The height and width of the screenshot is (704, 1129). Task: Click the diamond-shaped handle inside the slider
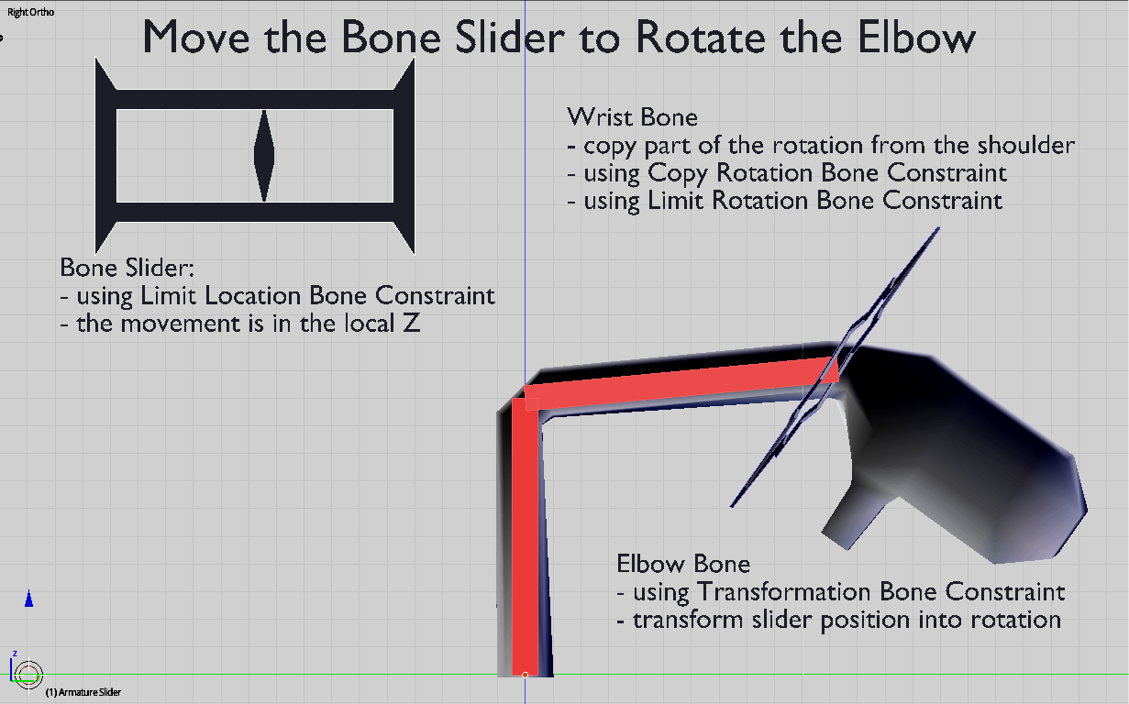click(x=264, y=155)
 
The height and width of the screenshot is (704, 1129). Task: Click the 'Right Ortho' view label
click(x=27, y=13)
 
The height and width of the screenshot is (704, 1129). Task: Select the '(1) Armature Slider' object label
click(x=83, y=692)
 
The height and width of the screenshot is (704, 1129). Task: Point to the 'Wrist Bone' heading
click(x=632, y=117)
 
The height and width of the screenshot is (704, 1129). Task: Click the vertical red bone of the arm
click(x=525, y=541)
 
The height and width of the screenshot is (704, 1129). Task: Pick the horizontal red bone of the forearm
click(x=679, y=381)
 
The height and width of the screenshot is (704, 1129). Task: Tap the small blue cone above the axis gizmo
click(x=28, y=599)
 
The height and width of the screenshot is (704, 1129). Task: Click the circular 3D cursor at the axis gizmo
click(x=28, y=675)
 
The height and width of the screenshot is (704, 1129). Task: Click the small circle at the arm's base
click(x=525, y=675)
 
